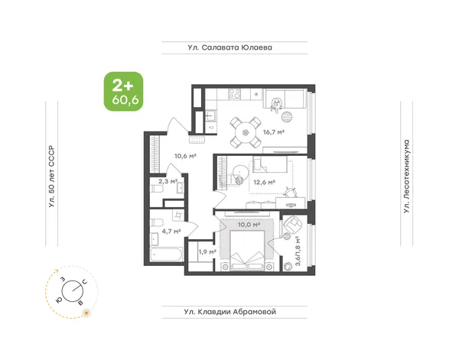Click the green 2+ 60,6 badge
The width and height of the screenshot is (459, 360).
click(123, 92)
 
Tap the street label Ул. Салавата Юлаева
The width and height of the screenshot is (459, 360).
click(230, 47)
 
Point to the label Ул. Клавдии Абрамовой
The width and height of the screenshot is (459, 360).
click(230, 312)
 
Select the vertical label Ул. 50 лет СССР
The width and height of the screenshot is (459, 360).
click(52, 177)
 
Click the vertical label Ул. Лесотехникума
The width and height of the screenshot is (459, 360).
click(406, 177)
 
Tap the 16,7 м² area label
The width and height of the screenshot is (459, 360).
click(274, 132)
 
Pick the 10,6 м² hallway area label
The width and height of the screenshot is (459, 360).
click(185, 156)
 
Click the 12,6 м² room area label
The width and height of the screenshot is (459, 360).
click(264, 183)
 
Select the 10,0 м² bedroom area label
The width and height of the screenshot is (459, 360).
click(249, 225)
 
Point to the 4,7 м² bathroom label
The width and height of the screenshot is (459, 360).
click(171, 232)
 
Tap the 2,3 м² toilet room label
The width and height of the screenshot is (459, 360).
click(168, 181)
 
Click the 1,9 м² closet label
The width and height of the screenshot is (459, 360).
click(207, 251)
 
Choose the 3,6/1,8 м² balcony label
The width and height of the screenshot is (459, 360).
click(298, 251)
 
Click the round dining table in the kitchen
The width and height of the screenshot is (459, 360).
click(246, 132)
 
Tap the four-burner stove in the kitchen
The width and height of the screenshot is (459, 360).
click(235, 94)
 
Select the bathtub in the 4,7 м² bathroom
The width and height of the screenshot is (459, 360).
click(166, 255)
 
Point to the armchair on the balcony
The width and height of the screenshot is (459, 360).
click(292, 223)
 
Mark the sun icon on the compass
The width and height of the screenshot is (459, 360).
click(86, 313)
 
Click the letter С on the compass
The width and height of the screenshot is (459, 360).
click(84, 282)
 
